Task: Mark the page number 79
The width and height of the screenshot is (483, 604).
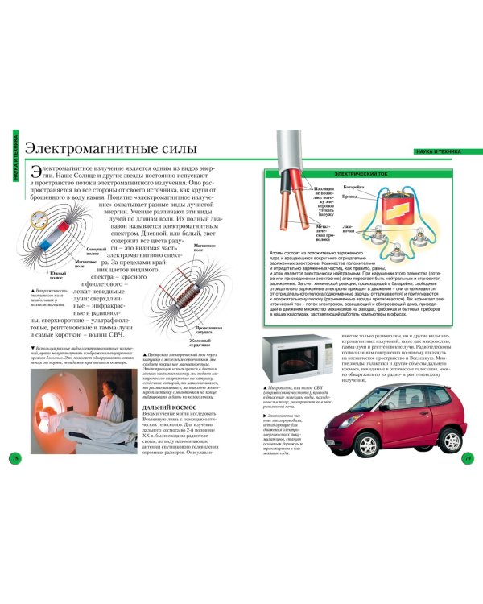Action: point(468,481)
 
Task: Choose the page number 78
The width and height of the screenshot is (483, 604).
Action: point(14,481)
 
